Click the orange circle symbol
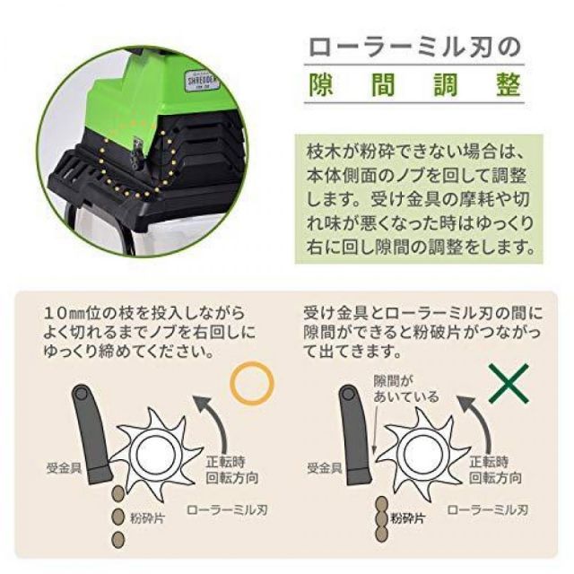(x=250, y=382)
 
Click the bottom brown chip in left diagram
(x=117, y=538)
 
